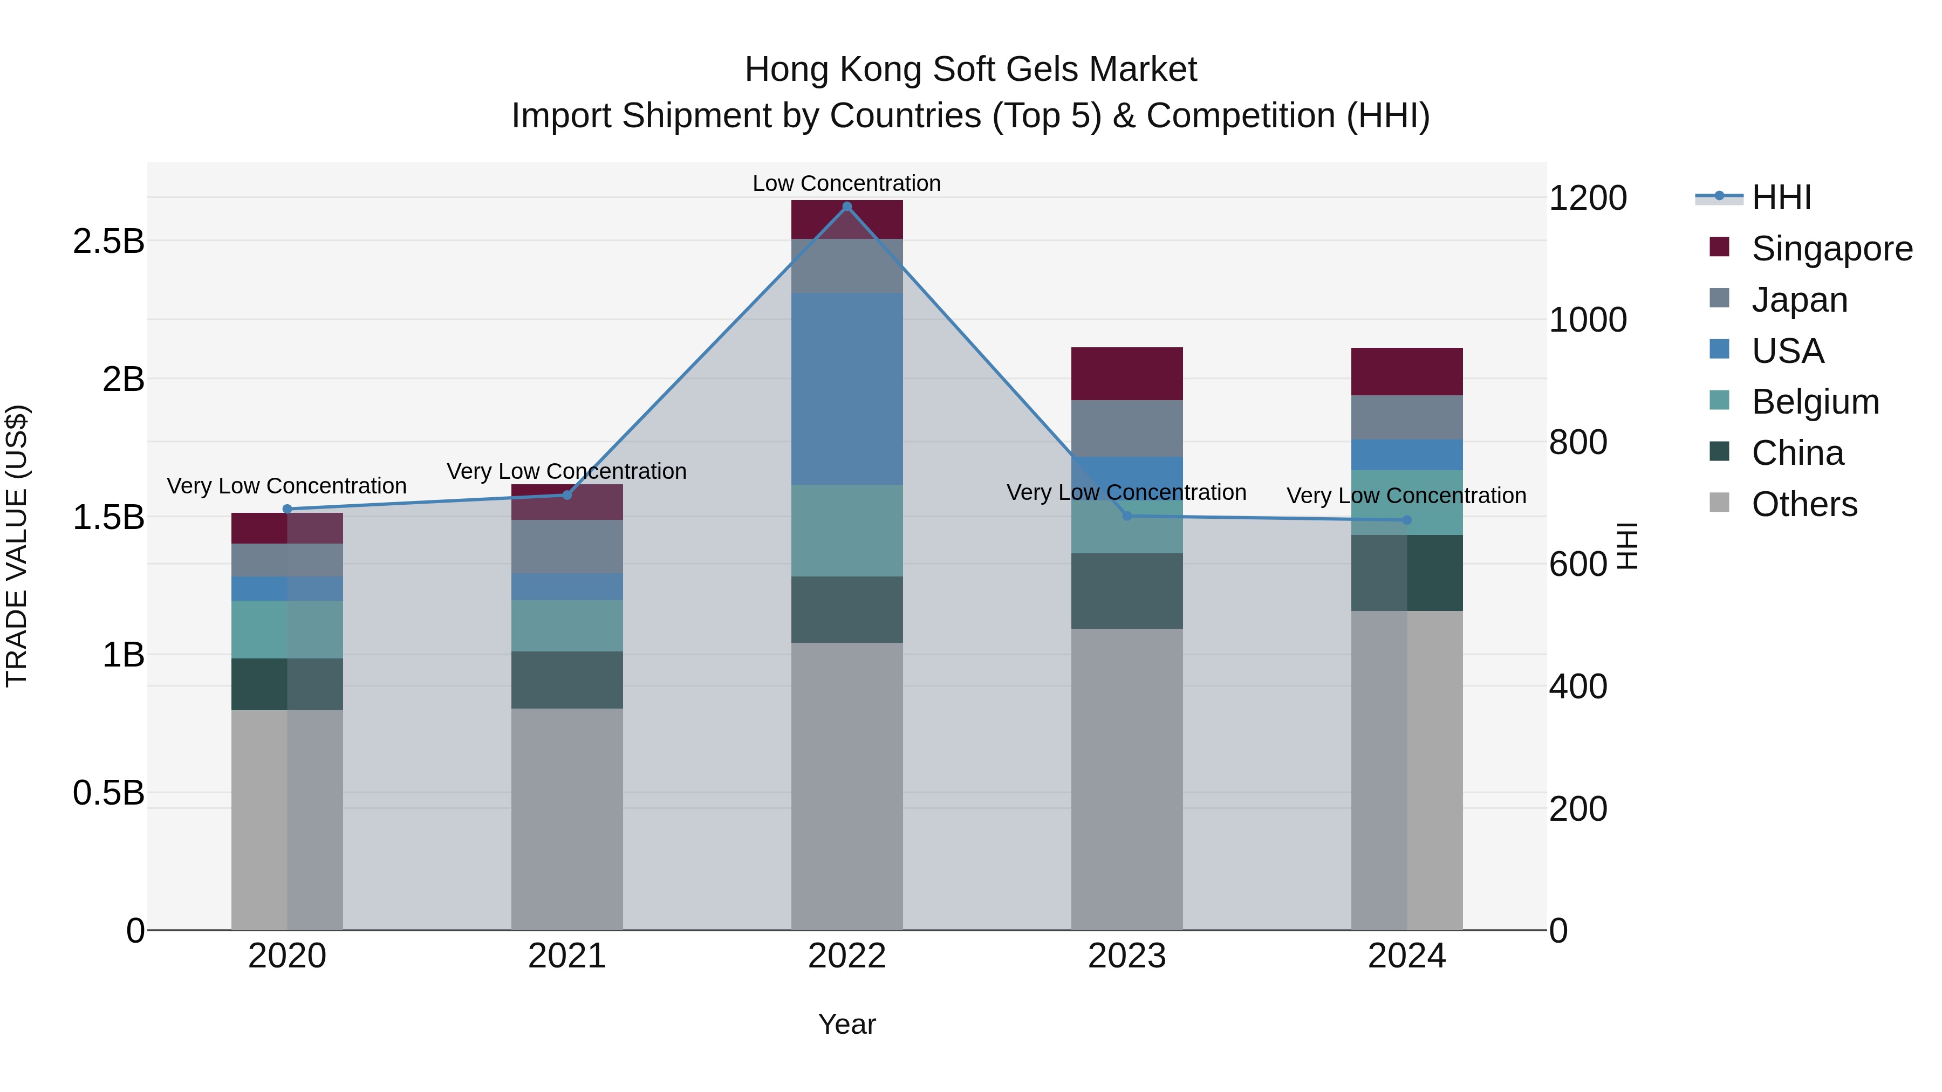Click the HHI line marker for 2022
click(x=846, y=207)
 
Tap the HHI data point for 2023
click(x=1127, y=516)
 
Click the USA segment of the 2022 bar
click(x=846, y=388)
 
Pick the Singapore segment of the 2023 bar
click(x=1127, y=374)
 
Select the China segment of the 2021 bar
click(x=567, y=680)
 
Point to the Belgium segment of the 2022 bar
click(x=846, y=531)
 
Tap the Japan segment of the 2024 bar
click(x=1407, y=417)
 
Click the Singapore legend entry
click(x=1831, y=249)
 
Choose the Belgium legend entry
click(x=1815, y=402)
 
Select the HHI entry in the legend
click(x=1781, y=197)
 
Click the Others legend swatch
click(x=1720, y=502)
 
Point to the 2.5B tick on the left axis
click(x=108, y=242)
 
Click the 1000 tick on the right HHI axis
click(x=1588, y=320)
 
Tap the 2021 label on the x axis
click(x=567, y=956)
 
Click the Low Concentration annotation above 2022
click(x=846, y=183)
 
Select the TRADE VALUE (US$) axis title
click(x=17, y=546)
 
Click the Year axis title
click(x=846, y=1024)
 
